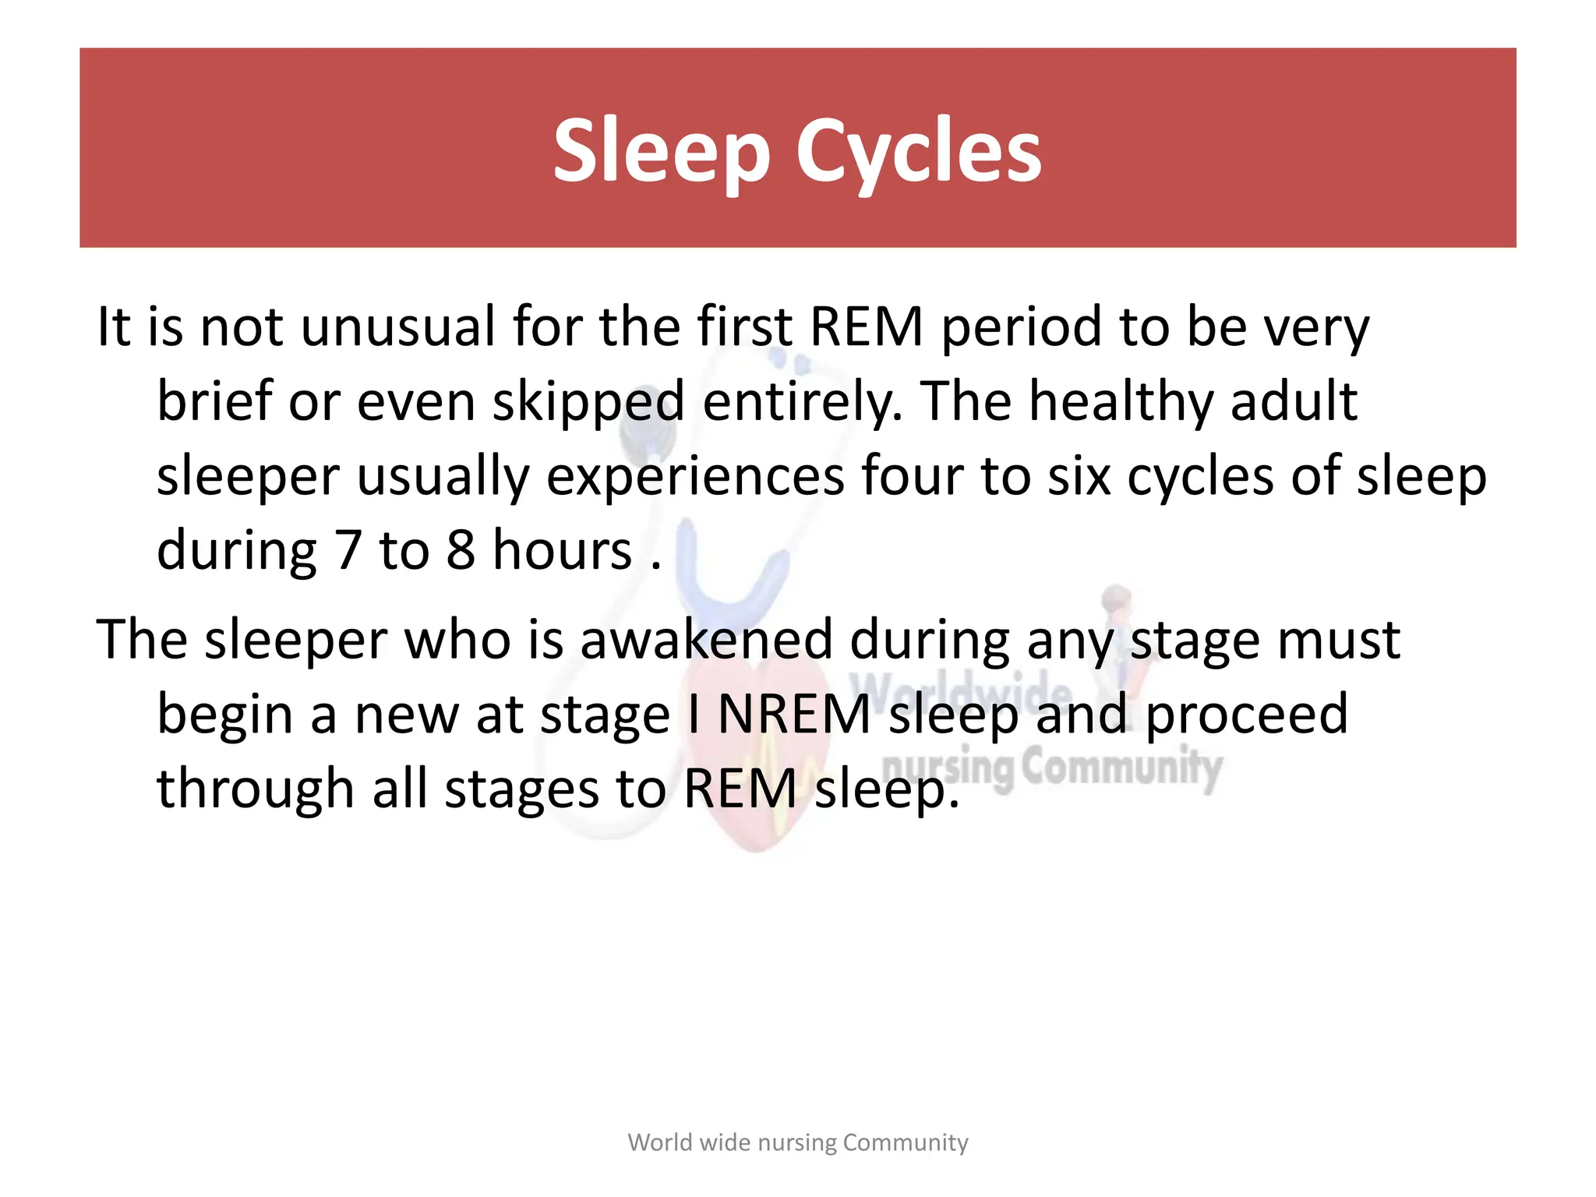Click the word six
[x=1079, y=476]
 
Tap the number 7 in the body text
[x=348, y=551]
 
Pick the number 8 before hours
[x=461, y=551]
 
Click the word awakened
[x=706, y=640]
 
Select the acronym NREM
[x=793, y=715]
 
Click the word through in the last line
[x=256, y=789]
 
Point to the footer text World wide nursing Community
[x=798, y=1142]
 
